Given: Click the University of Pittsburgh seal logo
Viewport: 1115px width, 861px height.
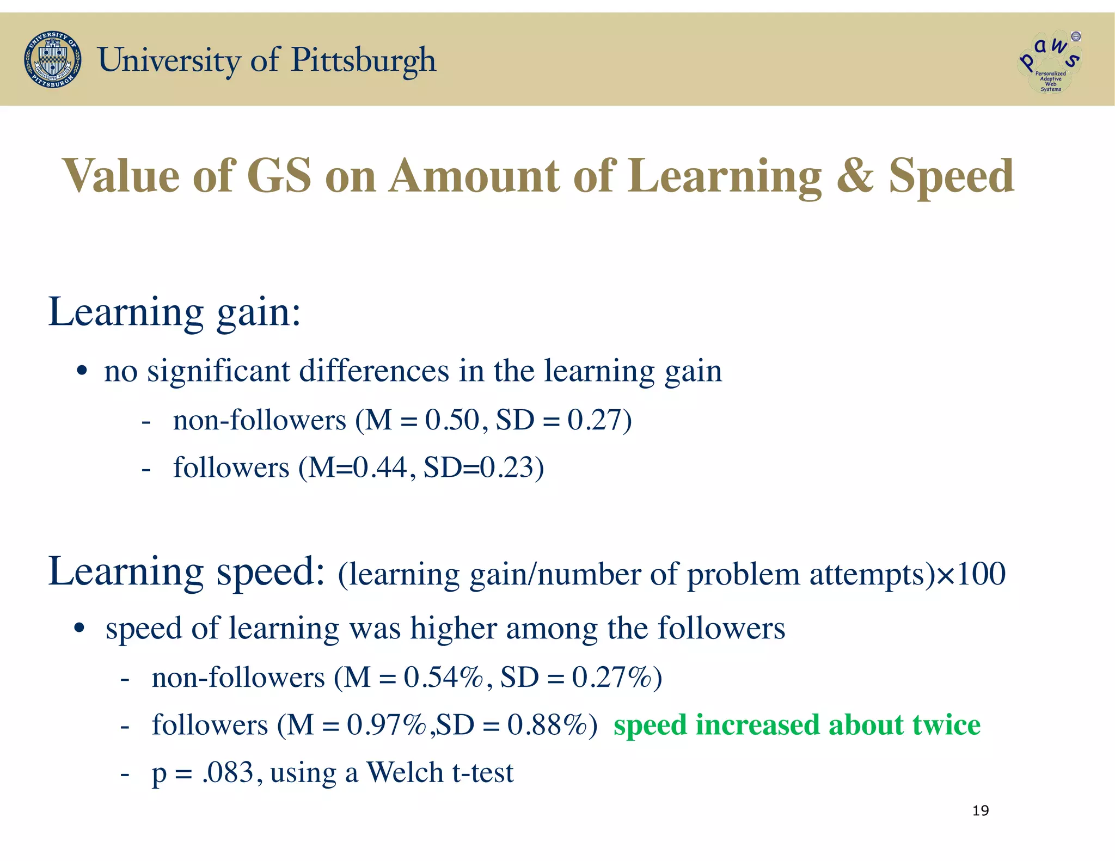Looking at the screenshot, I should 53,60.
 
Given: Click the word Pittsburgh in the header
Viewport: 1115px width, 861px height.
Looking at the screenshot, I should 364,60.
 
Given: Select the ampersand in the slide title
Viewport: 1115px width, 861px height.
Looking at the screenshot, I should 855,176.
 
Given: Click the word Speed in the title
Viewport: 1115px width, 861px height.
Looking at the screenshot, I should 952,176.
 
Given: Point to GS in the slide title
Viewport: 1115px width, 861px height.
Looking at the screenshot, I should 279,176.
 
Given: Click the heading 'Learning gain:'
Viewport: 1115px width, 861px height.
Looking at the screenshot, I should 174,313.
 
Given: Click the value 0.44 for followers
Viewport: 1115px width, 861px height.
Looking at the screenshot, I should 379,468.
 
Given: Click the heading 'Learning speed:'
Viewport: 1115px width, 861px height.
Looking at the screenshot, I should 186,571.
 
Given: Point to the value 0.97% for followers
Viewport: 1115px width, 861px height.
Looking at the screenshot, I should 387,725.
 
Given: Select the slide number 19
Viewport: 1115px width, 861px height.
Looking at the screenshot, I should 981,811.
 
